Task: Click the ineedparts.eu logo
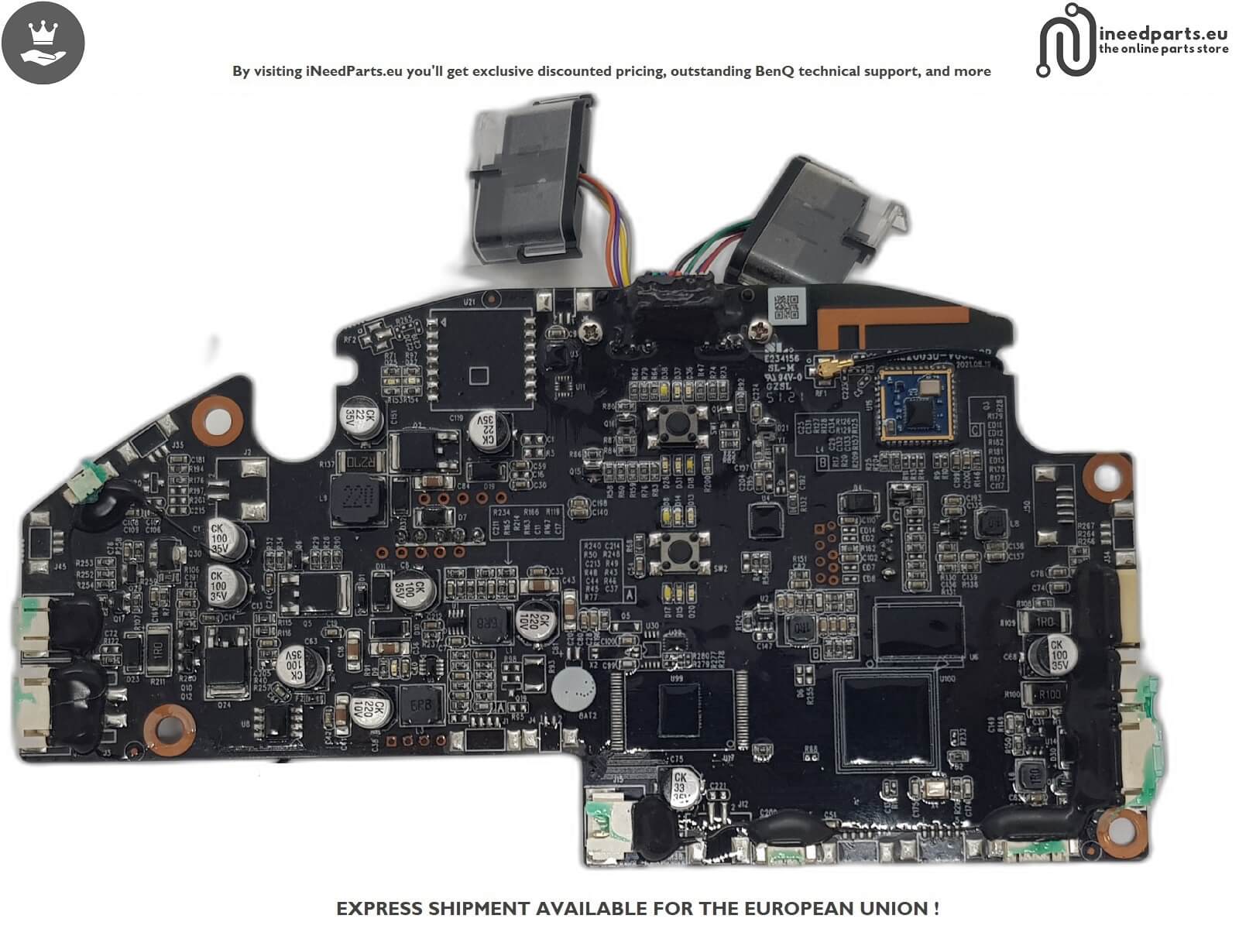pos(1131,40)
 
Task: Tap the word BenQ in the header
pos(774,71)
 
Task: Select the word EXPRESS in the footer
pos(379,908)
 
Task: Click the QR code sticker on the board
pos(786,307)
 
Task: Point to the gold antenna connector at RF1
pos(822,372)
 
